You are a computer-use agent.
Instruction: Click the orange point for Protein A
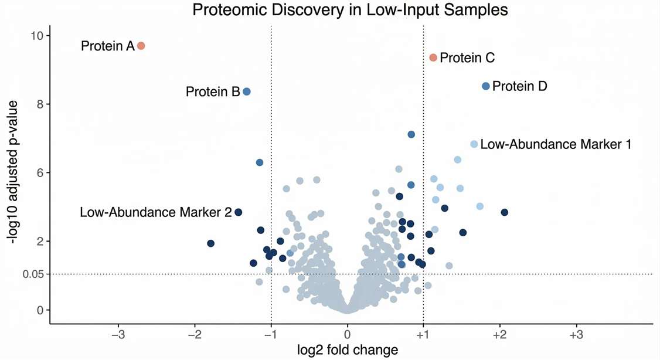pos(141,46)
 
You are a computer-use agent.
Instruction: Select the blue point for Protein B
pos(247,91)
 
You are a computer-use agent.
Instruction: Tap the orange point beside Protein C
pos(433,57)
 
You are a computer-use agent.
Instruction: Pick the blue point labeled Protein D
pos(486,86)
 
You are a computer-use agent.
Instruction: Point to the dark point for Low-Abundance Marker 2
pos(239,212)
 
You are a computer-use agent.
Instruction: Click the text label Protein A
pos(108,46)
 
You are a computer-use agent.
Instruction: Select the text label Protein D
pos(519,86)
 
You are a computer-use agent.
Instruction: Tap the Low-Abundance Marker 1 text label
pos(556,144)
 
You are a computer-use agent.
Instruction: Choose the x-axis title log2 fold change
pos(348,350)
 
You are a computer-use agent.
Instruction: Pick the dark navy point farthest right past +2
pos(504,212)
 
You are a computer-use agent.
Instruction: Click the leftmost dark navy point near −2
pos(211,243)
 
